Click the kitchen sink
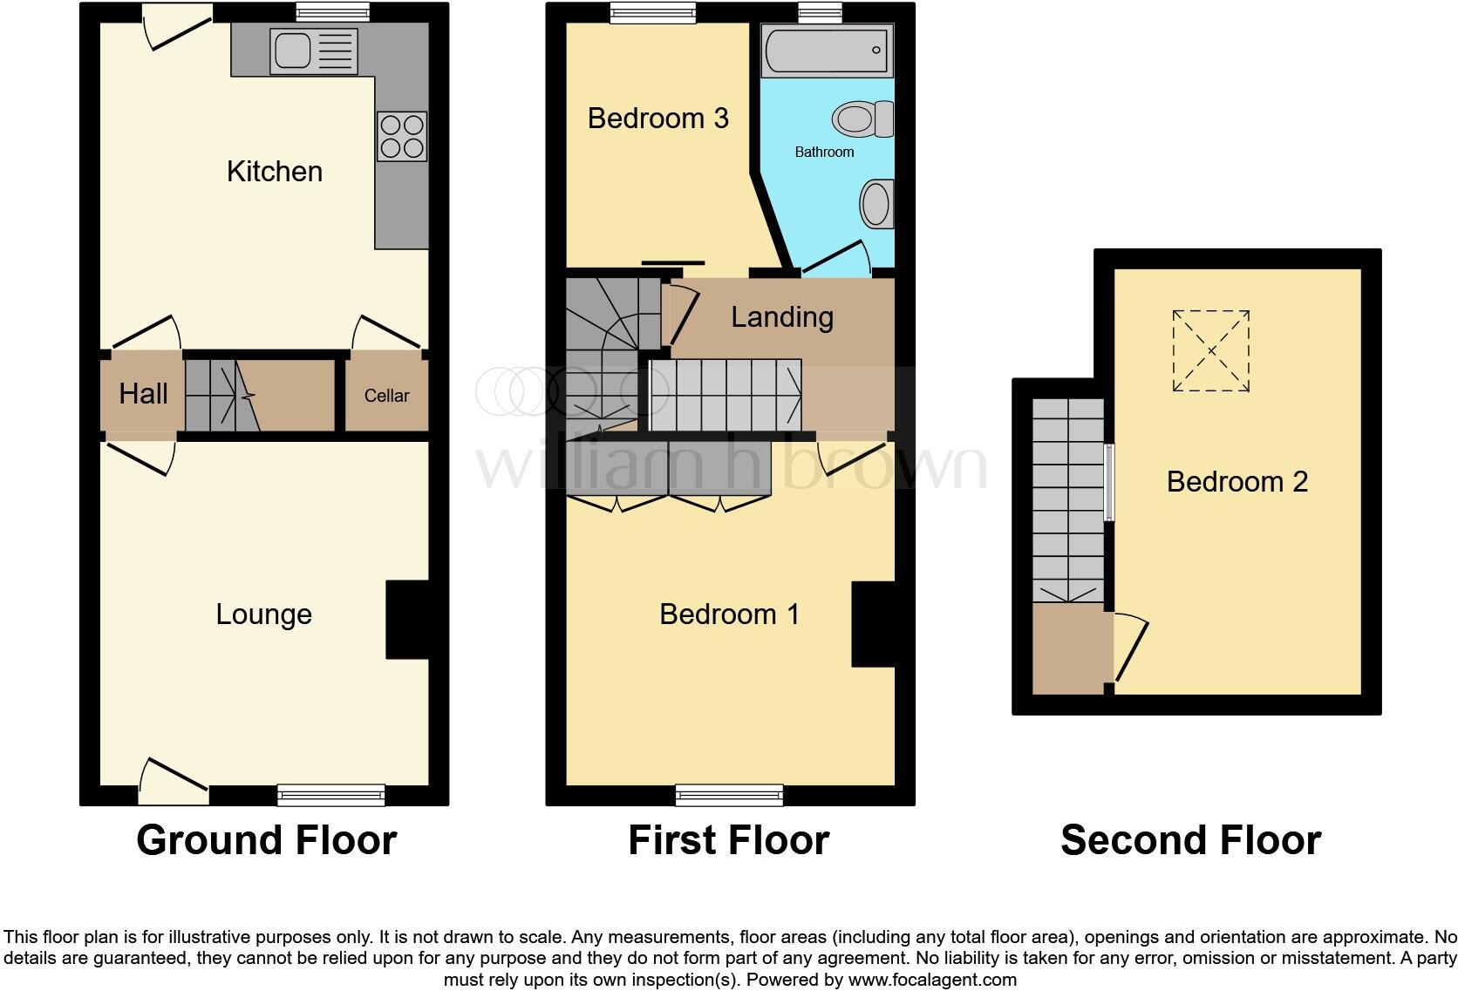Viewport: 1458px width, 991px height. click(x=293, y=51)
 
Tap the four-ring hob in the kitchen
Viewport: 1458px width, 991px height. click(x=402, y=137)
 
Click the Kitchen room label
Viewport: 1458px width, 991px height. click(x=274, y=172)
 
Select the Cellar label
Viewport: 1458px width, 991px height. click(x=386, y=396)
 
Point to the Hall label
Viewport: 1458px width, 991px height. click(x=143, y=394)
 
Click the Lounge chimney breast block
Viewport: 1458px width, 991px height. click(x=407, y=620)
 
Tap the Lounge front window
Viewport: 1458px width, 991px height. click(x=330, y=794)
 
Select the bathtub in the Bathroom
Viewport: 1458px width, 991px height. click(x=827, y=51)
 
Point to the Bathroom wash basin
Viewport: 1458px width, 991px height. click(x=876, y=205)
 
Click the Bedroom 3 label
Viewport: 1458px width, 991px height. click(x=657, y=119)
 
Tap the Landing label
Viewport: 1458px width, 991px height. click(x=781, y=317)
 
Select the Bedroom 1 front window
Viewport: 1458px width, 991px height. click(x=729, y=794)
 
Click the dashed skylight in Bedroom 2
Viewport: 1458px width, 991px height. click(x=1210, y=351)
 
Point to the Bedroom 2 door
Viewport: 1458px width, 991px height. click(x=1130, y=649)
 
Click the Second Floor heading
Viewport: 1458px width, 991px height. click(x=1190, y=840)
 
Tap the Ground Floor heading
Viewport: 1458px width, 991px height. click(x=266, y=840)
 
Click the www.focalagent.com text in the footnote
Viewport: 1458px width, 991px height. click(x=932, y=979)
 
